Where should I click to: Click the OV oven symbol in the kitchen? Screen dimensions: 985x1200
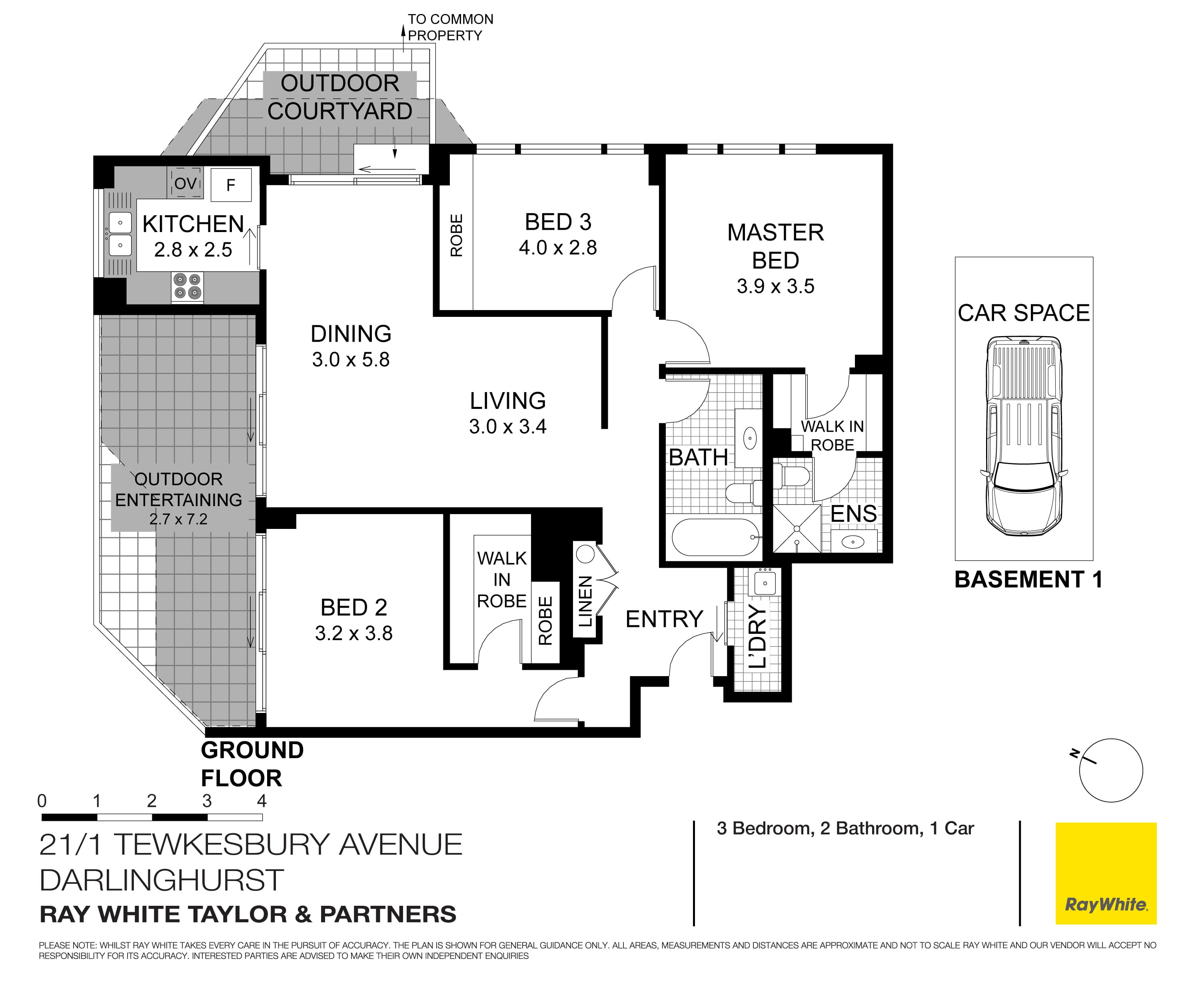[186, 183]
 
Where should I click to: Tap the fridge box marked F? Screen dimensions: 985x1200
[231, 185]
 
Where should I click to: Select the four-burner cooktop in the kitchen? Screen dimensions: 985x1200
[187, 286]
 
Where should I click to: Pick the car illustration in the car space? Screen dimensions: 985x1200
[1024, 436]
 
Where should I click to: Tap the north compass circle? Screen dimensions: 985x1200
[1110, 771]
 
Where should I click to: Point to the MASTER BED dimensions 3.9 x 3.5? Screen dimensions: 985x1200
[775, 286]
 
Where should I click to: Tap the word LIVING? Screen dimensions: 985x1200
[507, 401]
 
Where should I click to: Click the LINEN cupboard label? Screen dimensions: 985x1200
[585, 601]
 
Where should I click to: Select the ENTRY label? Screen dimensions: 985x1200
[664, 619]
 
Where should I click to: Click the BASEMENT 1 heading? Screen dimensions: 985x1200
[1028, 580]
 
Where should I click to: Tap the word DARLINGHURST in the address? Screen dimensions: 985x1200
[162, 880]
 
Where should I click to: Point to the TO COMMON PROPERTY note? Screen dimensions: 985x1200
[450, 27]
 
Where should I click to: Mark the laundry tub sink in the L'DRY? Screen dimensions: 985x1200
[765, 583]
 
